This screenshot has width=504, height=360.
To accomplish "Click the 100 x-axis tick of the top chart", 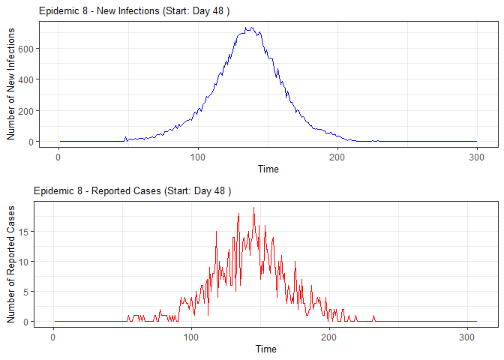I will [x=198, y=156].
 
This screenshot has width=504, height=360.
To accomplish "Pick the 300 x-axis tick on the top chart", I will [x=477, y=156].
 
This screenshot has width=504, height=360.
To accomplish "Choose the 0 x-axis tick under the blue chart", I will [x=59, y=156].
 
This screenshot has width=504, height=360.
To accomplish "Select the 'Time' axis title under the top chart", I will [x=268, y=169].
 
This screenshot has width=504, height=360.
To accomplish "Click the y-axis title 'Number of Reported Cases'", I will [x=11, y=262].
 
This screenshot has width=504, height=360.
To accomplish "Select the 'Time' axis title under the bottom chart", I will [x=265, y=349].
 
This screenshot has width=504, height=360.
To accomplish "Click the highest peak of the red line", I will [x=253, y=208].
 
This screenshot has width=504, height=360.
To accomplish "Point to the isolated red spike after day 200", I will [x=373, y=316].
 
